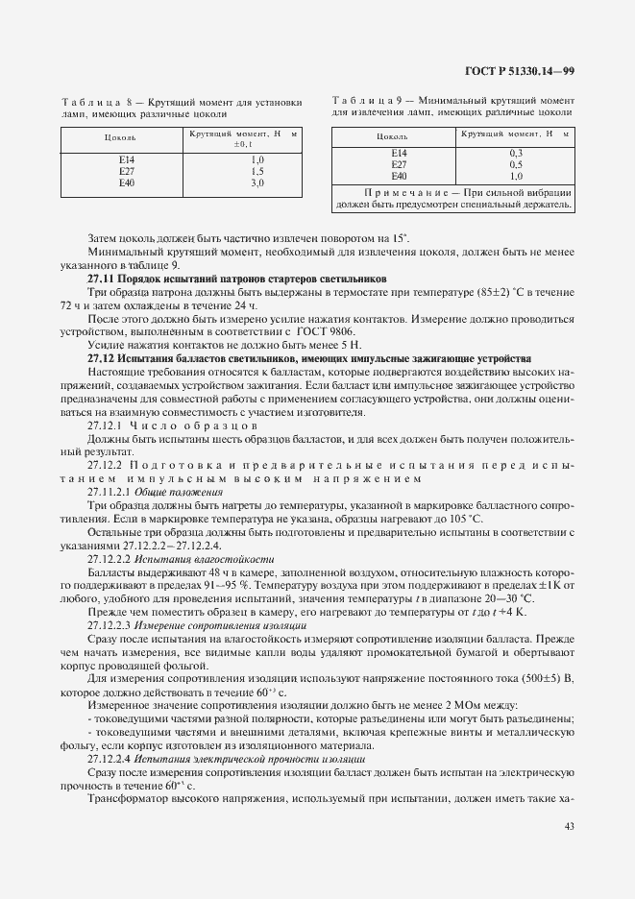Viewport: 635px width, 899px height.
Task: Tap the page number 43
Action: point(568,825)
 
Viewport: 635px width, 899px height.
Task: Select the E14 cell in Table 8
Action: point(127,158)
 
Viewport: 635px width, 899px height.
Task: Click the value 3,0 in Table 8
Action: point(257,182)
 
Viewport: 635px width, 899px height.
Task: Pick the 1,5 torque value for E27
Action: point(257,170)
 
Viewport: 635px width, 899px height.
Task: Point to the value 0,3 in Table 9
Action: point(516,153)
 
